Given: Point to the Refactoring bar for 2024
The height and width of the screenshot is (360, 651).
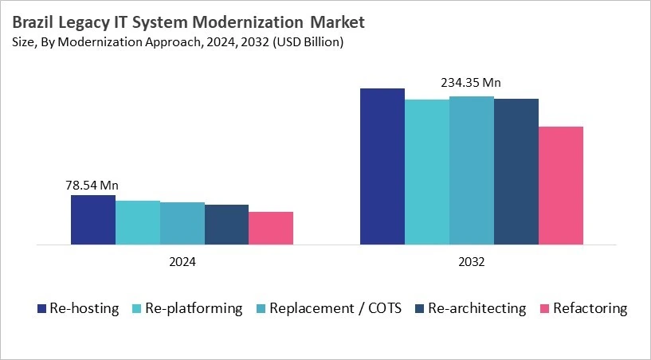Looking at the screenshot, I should pyautogui.click(x=271, y=228).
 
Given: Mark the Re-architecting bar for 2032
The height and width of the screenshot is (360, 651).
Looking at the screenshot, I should pyautogui.click(x=516, y=171).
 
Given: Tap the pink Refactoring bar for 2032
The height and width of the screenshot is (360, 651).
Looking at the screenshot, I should pyautogui.click(x=561, y=185).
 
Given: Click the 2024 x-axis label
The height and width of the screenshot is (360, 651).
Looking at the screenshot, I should pyautogui.click(x=182, y=261).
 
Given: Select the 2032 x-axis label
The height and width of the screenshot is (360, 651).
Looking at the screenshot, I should pyautogui.click(x=472, y=261).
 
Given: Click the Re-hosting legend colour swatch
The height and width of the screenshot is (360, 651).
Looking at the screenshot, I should pyautogui.click(x=42, y=308).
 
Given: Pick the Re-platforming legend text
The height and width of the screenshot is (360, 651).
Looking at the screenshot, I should pyautogui.click(x=194, y=308).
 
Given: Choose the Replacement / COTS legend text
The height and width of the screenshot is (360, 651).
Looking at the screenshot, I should pyautogui.click(x=335, y=308).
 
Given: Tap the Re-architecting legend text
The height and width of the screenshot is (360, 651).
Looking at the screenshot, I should pyautogui.click(x=476, y=308).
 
